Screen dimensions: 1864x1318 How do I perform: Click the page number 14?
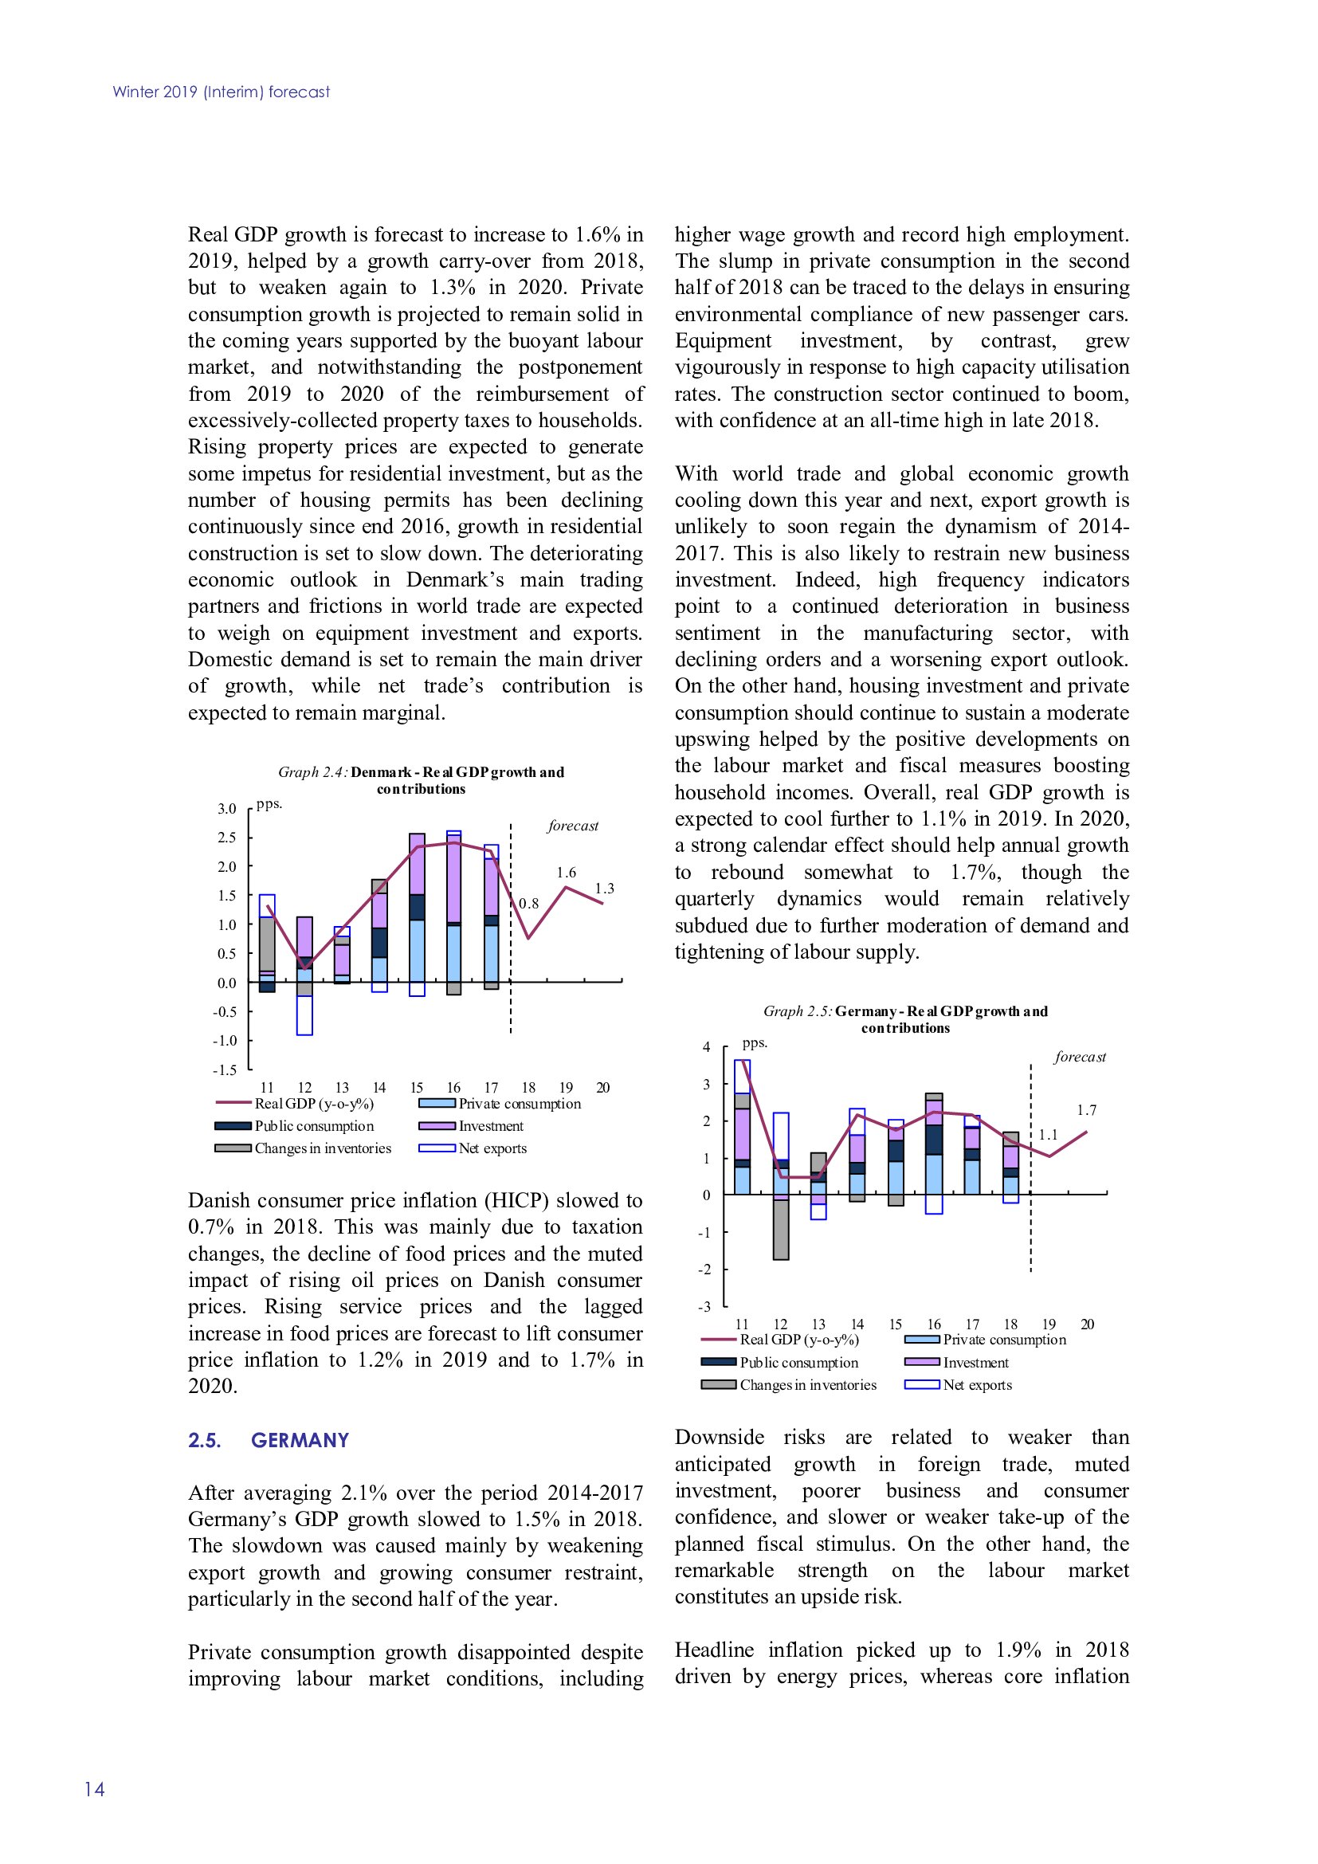coord(94,1788)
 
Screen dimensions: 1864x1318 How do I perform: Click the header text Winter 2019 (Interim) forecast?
coord(221,92)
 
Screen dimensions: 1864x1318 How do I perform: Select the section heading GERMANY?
coord(300,1440)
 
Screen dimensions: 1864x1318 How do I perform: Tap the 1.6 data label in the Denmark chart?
coord(566,873)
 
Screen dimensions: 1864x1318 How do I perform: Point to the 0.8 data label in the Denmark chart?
coord(528,904)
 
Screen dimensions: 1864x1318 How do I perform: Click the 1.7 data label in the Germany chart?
coord(1087,1110)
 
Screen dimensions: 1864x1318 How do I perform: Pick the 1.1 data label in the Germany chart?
coord(1048,1135)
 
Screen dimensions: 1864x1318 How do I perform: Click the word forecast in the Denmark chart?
coord(573,826)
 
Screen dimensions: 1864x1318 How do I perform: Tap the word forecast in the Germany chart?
coord(1080,1057)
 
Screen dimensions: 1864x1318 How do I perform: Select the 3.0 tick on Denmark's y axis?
coord(226,809)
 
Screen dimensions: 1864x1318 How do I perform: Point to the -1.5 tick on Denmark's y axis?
coord(225,1070)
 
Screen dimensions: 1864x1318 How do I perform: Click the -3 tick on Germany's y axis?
coord(704,1307)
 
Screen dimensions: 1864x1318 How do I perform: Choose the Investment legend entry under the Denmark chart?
coord(490,1126)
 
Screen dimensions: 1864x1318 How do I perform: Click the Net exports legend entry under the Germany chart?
coord(977,1385)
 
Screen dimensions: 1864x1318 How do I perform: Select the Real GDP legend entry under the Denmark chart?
coord(313,1103)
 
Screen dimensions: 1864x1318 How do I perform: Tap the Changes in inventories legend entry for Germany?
coord(807,1385)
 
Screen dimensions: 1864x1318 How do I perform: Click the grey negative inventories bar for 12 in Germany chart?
coord(781,1229)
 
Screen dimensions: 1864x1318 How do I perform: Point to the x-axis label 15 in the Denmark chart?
coord(416,1088)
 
